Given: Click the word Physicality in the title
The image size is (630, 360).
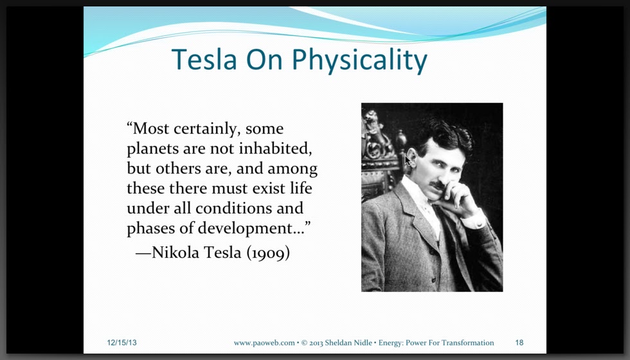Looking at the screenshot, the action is (359, 60).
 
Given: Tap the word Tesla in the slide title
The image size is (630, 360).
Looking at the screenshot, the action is (204, 59).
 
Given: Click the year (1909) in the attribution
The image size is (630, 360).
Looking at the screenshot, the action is (268, 253).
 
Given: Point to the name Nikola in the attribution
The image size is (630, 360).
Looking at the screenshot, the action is (175, 252).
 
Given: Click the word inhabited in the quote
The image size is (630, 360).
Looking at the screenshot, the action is (275, 148).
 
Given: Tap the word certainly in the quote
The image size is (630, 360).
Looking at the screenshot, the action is (206, 129).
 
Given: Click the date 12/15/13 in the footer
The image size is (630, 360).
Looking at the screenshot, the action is (122, 343).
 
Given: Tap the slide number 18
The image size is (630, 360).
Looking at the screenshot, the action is (519, 343).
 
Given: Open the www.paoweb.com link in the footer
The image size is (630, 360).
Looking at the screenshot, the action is (264, 343).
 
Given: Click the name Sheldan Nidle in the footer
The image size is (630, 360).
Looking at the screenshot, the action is (348, 343).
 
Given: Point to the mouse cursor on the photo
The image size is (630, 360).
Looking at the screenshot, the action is (408, 161).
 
